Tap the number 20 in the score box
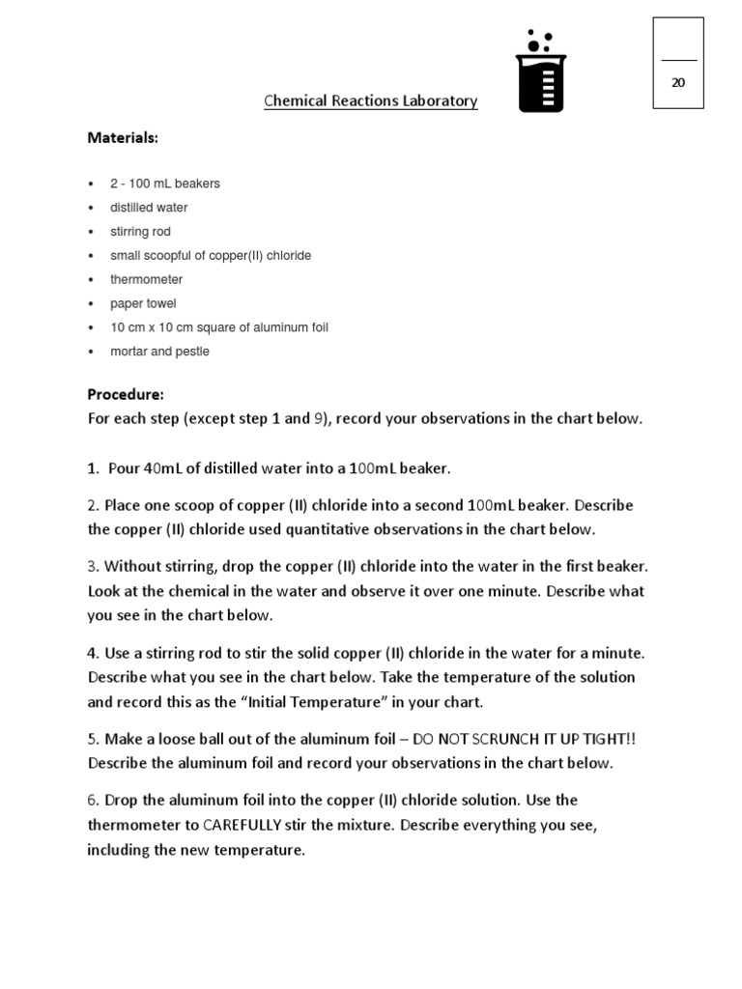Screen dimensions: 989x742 click(x=678, y=83)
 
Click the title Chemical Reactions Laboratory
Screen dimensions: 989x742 click(x=371, y=101)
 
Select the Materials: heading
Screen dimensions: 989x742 click(x=123, y=138)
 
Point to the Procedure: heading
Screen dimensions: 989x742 click(x=126, y=394)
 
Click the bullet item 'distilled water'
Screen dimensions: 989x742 click(x=149, y=208)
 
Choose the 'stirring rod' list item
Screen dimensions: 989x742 click(x=141, y=232)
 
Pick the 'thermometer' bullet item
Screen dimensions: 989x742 click(x=146, y=280)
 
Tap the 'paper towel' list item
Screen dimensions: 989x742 click(x=143, y=304)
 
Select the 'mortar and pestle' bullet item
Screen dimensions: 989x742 click(x=159, y=352)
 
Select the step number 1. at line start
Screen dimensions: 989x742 click(x=94, y=468)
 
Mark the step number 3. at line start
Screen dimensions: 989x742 click(x=94, y=566)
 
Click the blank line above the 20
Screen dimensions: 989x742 click(x=678, y=60)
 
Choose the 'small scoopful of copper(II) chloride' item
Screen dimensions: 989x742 click(x=210, y=256)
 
